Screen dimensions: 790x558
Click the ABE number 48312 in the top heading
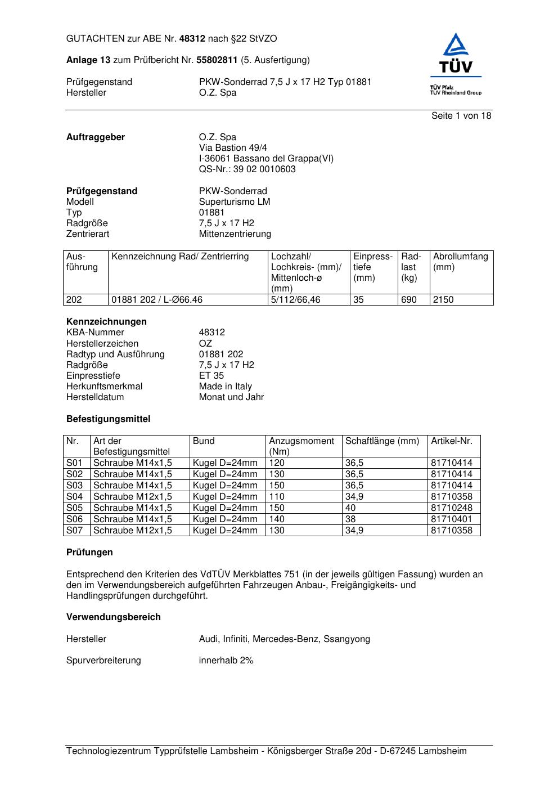(192, 39)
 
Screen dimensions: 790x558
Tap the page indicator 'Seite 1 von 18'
(461, 115)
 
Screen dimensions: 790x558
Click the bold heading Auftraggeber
(96, 137)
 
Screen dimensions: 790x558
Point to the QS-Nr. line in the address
(247, 169)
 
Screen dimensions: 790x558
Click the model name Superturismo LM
(234, 201)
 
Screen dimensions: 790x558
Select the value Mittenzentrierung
(235, 234)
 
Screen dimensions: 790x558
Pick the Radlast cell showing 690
(409, 299)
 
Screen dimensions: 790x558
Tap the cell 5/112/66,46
(295, 299)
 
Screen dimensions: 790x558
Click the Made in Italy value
(225, 386)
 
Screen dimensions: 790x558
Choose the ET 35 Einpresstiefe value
(211, 375)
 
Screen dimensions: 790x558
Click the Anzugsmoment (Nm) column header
(301, 446)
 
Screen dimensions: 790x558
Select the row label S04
(75, 496)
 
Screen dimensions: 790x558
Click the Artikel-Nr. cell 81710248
(452, 508)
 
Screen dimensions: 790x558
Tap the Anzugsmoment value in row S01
(277, 463)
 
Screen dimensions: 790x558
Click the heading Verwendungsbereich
(113, 617)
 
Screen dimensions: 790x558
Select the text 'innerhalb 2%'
(226, 660)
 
